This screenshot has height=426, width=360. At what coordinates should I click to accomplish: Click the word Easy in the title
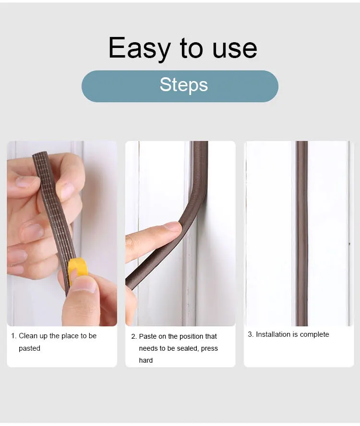[x=140, y=48]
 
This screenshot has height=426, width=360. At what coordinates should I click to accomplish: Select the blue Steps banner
[x=180, y=86]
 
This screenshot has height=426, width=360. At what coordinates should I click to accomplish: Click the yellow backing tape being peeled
[x=78, y=269]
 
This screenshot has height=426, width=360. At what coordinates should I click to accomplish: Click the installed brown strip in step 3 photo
[x=301, y=230]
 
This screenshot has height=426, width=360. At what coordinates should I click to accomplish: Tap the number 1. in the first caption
[x=14, y=336]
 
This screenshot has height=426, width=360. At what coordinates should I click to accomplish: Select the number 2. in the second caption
[x=134, y=336]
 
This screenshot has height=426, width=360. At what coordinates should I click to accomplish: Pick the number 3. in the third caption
[x=251, y=334]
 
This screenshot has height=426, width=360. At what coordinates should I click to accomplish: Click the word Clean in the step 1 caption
[x=28, y=336]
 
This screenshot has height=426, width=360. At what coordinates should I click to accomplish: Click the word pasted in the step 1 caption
[x=29, y=348]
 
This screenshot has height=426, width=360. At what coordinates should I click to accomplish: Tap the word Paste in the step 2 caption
[x=148, y=336]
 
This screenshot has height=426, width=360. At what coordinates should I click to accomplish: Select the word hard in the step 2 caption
[x=146, y=360]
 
